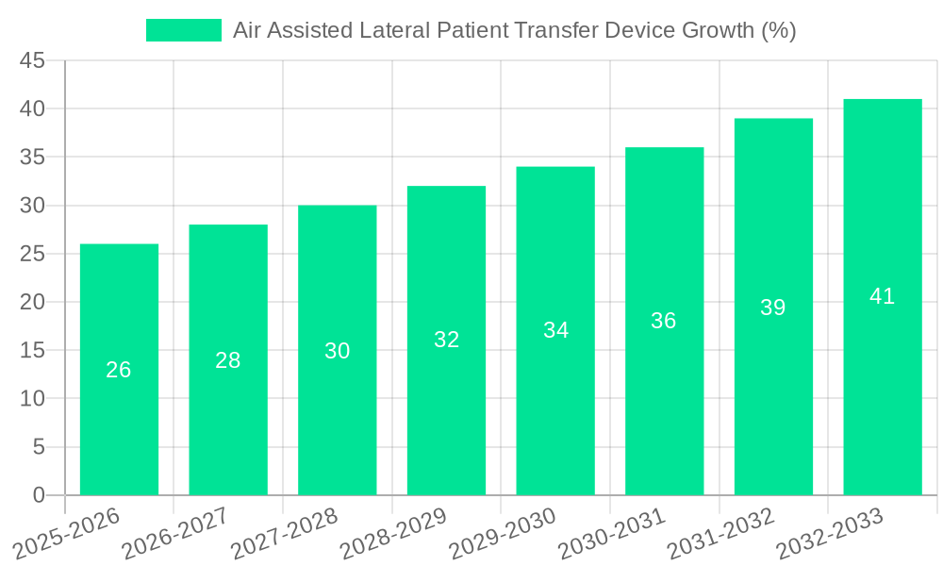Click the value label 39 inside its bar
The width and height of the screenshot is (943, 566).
(x=772, y=308)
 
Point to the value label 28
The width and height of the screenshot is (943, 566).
(x=227, y=360)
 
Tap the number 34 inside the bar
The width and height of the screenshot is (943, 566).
(x=555, y=330)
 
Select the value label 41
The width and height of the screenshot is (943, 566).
(x=882, y=296)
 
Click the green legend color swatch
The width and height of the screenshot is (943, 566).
(x=183, y=30)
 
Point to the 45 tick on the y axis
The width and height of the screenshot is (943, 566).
(x=32, y=60)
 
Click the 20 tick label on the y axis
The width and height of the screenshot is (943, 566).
(x=32, y=302)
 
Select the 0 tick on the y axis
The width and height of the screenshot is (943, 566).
(x=39, y=495)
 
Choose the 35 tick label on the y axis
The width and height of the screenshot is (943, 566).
(x=32, y=158)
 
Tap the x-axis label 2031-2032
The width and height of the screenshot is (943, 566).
(x=722, y=534)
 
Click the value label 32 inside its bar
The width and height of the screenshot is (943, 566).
(x=446, y=340)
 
